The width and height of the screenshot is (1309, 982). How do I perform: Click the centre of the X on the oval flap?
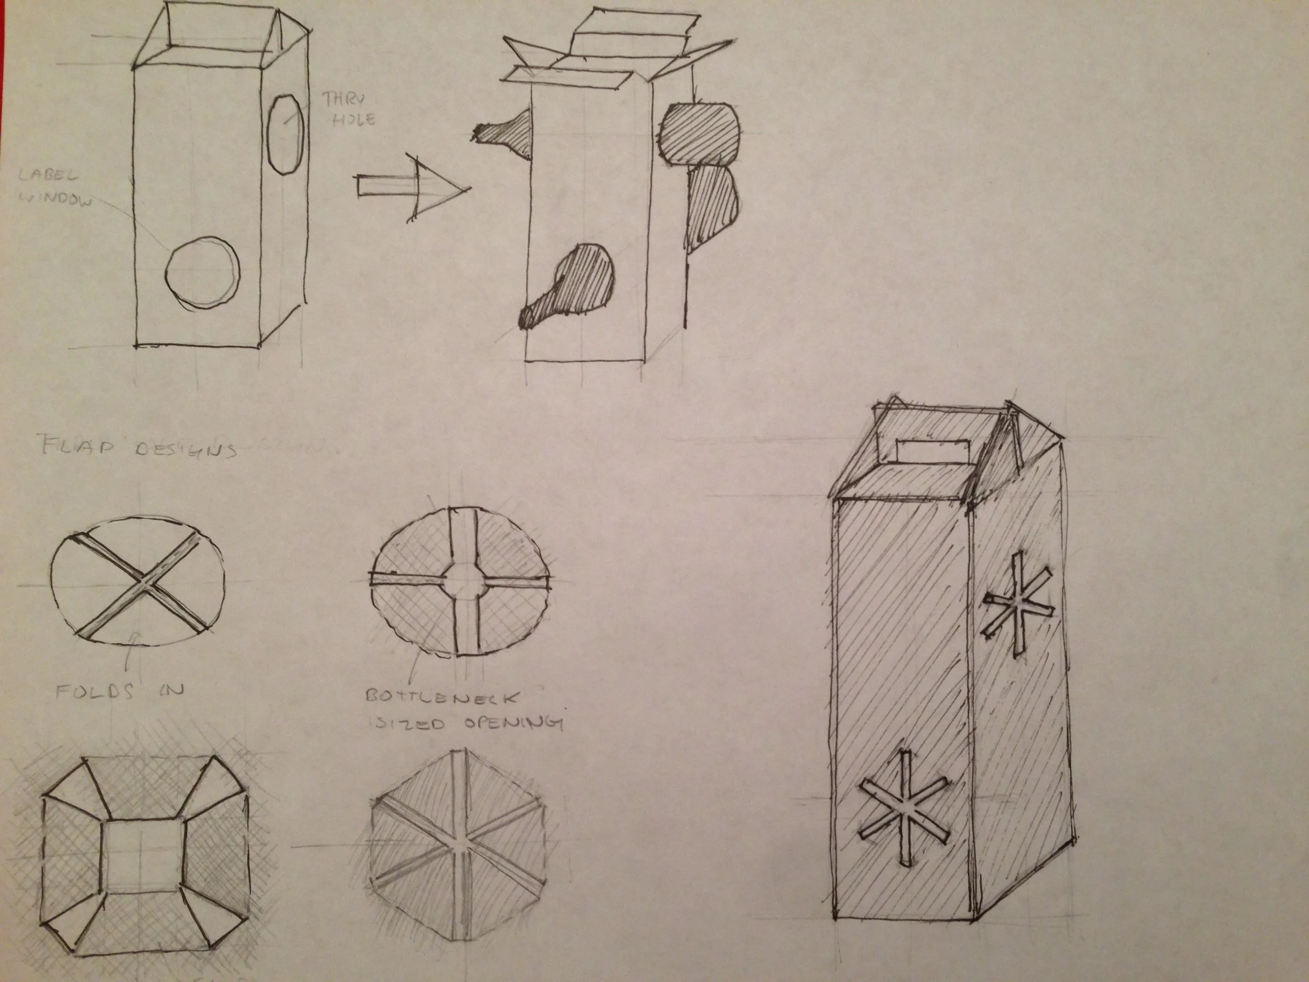tap(142, 583)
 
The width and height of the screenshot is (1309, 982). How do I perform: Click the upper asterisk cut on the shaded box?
tap(1018, 604)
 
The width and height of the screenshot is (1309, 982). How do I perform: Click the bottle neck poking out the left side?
tap(504, 133)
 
